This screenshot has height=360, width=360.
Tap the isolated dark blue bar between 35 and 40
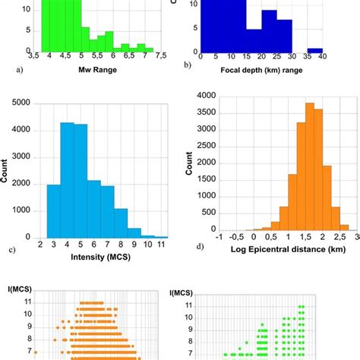pyautogui.click(x=314, y=50)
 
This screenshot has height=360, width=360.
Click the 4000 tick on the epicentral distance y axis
pyautogui.click(x=207, y=96)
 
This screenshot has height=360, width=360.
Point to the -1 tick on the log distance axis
pyautogui.click(x=218, y=237)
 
